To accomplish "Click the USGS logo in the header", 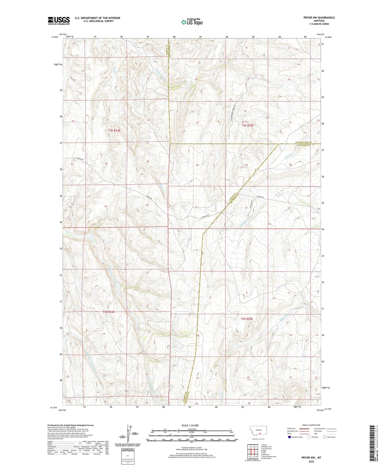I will coord(59,20).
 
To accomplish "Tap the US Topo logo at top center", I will coord(192,22).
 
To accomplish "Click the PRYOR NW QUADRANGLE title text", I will coord(319,18).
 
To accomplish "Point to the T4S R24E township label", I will coord(114,131).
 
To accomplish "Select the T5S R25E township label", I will coord(247,319).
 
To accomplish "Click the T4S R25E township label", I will coord(248,125).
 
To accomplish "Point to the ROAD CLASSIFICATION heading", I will coord(311,425).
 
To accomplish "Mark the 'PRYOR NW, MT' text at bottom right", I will coord(311,458).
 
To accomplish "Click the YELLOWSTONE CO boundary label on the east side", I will coord(303,142).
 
